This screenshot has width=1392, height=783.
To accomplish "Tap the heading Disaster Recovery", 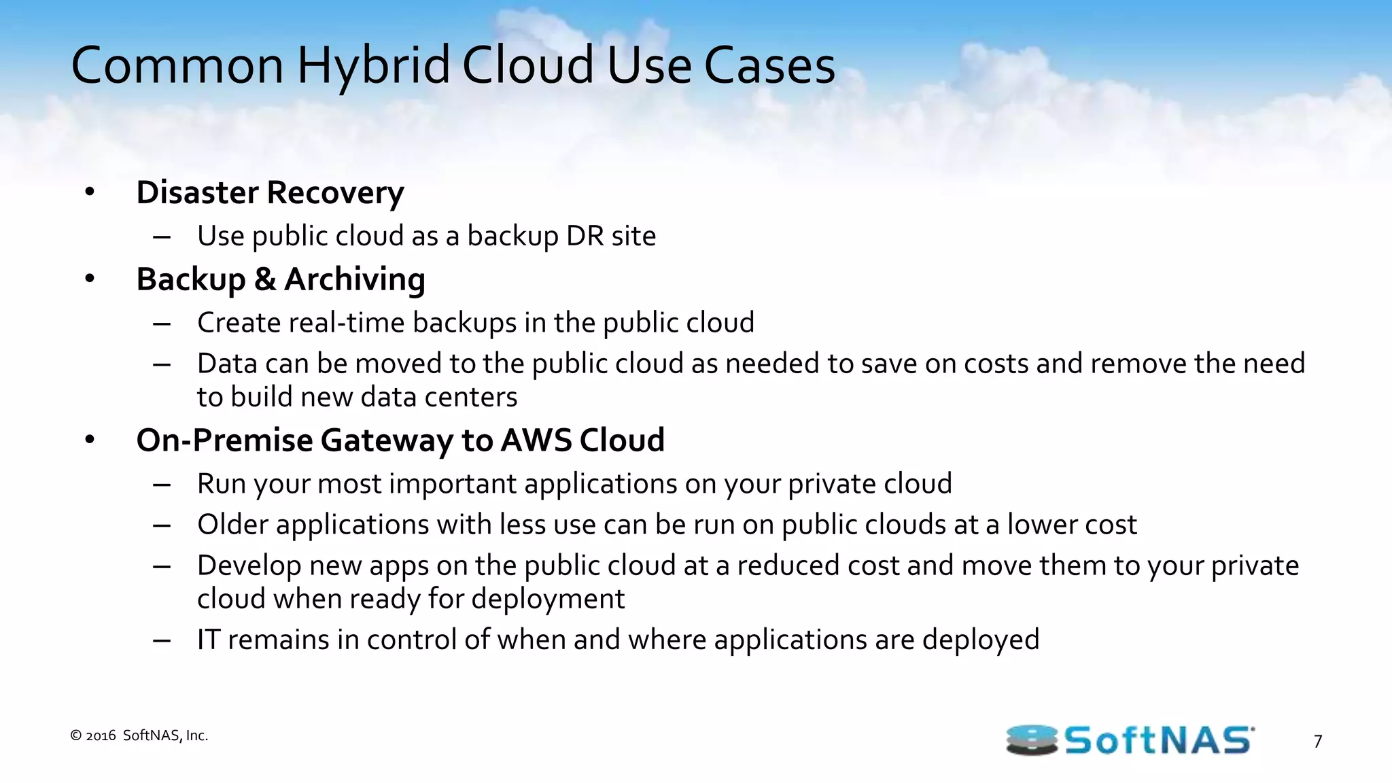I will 270,192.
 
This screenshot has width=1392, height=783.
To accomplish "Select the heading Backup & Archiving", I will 280,279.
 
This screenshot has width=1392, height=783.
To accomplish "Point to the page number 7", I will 1318,742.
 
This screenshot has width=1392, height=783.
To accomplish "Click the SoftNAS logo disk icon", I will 1031,740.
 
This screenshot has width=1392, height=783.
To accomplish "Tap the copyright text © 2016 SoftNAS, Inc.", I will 139,735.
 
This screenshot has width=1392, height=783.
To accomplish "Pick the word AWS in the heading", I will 536,440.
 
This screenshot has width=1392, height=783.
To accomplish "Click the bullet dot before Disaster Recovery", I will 90,192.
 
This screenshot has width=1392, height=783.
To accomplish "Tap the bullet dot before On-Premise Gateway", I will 90,440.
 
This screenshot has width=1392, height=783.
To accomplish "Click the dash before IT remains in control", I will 162,640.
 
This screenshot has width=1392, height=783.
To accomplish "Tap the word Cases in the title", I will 769,66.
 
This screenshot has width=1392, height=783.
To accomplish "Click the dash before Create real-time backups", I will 162,324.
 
